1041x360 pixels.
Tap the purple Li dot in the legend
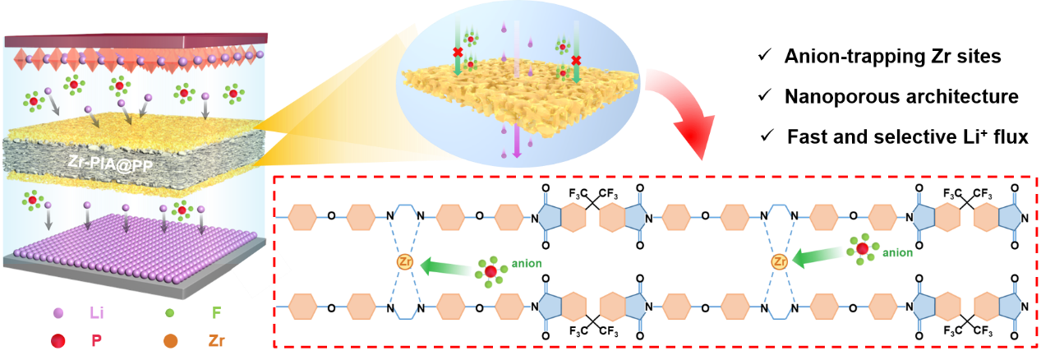[58, 313]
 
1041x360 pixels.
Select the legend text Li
[96, 313]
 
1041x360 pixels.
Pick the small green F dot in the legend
[169, 313]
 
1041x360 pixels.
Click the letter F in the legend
[216, 313]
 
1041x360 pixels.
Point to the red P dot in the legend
[58, 340]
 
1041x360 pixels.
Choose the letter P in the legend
[96, 340]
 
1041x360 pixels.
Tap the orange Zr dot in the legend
[171, 340]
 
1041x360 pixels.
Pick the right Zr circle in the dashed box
[779, 262]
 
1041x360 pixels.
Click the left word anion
[527, 264]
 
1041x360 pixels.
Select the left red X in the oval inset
[458, 53]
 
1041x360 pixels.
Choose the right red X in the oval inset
[577, 60]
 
